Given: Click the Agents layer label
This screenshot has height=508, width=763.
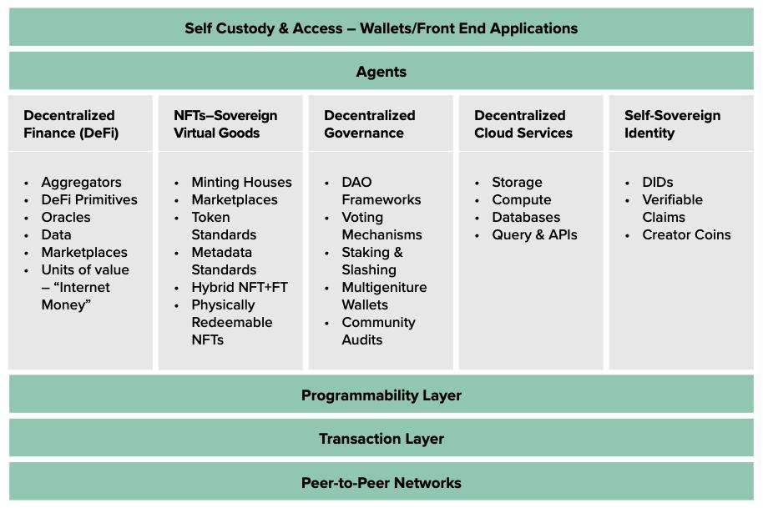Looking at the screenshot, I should (x=381, y=72).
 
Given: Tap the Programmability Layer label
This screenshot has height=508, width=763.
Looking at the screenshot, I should (x=381, y=395).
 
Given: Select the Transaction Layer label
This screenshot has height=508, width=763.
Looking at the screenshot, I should (x=381, y=439).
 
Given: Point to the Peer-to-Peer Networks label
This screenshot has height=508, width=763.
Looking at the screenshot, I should (x=381, y=483).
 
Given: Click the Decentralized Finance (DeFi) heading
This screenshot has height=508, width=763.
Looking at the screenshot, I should (x=70, y=124).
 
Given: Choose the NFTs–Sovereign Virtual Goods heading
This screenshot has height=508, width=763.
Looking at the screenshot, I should (x=225, y=124).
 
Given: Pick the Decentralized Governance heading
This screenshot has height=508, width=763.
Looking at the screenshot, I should (x=369, y=124).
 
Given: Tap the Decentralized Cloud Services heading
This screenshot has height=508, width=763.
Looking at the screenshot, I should (x=523, y=124).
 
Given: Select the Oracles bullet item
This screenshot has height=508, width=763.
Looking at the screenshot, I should (x=66, y=217).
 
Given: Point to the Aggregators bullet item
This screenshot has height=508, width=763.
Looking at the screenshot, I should (x=81, y=182).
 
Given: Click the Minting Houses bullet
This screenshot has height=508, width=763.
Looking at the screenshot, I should (x=241, y=182).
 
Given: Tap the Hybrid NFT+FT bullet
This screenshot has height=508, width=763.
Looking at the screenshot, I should (x=240, y=287).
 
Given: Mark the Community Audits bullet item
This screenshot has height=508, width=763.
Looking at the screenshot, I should (x=378, y=331).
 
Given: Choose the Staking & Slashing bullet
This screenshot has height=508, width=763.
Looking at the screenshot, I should (x=372, y=261).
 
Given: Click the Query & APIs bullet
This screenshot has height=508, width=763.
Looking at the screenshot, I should (x=534, y=234).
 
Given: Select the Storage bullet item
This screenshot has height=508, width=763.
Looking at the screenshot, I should (x=517, y=182).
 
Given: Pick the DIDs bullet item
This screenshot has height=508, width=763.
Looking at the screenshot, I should (x=657, y=182).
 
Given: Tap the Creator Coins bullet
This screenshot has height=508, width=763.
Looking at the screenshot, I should (x=686, y=234).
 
